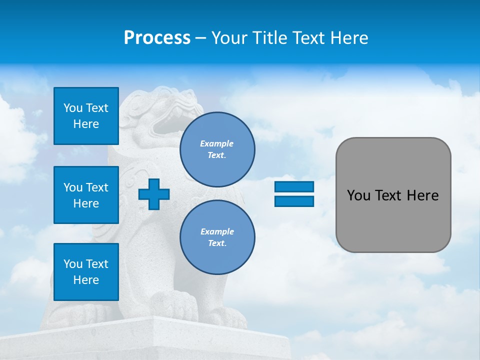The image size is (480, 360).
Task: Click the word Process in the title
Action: [x=157, y=38]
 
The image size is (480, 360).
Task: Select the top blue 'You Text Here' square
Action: [x=86, y=116]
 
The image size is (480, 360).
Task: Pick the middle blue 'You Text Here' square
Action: [x=86, y=195]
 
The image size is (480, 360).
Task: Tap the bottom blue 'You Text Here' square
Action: [x=86, y=271]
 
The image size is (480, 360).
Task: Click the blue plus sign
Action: [x=154, y=194]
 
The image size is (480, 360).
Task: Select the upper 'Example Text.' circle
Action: [x=217, y=149]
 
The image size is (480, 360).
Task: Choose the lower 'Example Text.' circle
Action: [x=217, y=237]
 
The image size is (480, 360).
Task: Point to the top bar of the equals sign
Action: [x=294, y=187]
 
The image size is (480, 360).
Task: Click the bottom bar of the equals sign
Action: [x=294, y=201]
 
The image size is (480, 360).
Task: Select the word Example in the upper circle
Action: [x=216, y=143]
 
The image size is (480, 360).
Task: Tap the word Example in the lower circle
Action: [x=217, y=231]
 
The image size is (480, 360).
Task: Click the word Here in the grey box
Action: [x=422, y=195]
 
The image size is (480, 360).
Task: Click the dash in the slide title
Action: [x=201, y=38]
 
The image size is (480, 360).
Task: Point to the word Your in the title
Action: [x=229, y=38]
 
